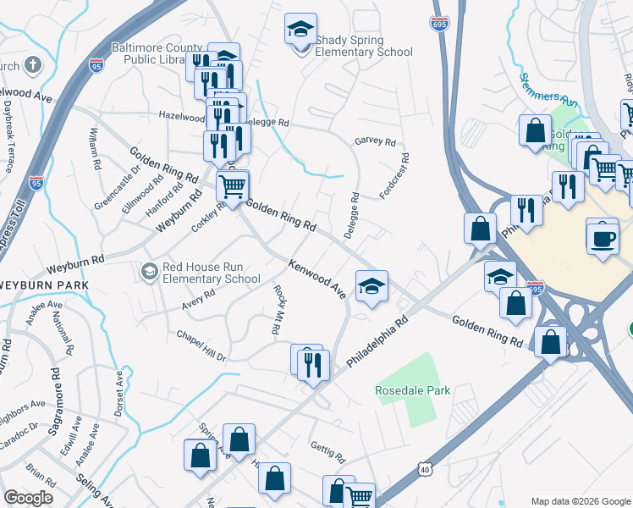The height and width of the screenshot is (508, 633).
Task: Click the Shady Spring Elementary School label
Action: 363,47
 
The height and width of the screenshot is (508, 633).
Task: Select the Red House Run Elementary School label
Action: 211,273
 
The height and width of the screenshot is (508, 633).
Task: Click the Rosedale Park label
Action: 413,390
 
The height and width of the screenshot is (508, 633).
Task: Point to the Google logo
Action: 28,498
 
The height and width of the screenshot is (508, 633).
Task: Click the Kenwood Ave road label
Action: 317,279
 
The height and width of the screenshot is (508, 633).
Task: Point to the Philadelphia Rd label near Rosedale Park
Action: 377,343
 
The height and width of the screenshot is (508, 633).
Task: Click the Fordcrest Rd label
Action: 395,175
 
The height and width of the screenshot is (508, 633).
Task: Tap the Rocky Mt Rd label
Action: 277,309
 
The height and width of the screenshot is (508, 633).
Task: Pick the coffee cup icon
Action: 603,236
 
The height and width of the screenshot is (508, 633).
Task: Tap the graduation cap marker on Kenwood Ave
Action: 371,287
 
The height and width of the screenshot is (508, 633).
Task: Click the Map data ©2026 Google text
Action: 580,501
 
